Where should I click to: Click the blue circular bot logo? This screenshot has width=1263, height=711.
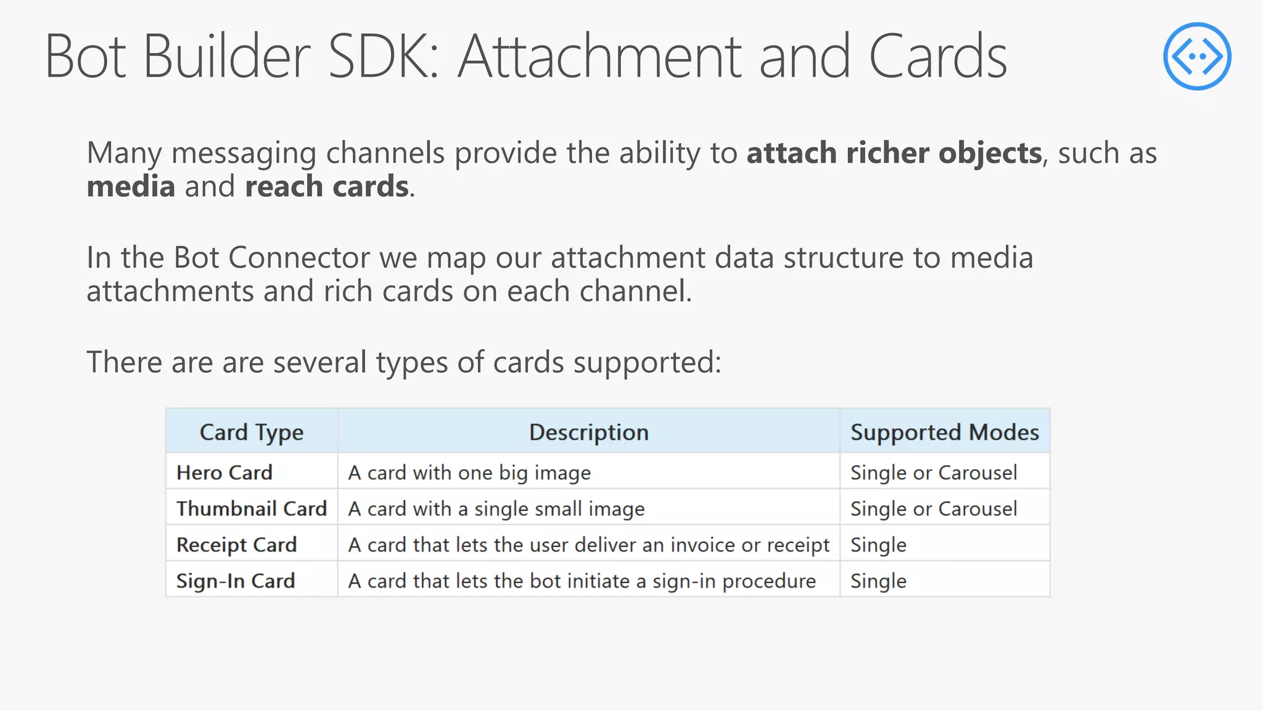pos(1197,56)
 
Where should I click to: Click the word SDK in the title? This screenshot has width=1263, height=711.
pos(383,57)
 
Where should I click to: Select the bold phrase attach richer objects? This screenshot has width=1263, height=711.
pos(894,153)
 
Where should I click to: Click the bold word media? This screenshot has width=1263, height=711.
pos(131,186)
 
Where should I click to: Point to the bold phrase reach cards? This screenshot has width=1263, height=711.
pos(327,186)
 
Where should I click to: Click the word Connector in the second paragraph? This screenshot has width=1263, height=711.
pos(298,257)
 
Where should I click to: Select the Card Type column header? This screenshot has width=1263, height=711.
pos(252,432)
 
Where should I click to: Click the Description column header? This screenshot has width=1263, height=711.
pos(588,432)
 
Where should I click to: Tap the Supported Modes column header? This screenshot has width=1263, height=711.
pos(944,432)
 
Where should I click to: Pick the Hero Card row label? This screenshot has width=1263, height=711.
pos(224,473)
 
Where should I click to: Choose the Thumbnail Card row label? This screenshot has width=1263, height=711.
pos(252,509)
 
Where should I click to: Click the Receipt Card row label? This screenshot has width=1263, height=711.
pos(237,545)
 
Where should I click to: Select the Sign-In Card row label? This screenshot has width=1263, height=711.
pos(236,581)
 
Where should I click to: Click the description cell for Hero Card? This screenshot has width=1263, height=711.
pos(469,473)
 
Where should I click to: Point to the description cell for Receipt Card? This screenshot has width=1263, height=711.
pos(588,545)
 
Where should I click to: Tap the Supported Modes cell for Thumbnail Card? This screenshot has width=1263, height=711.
pos(934,509)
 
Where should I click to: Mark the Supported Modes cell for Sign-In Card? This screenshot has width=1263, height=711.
pos(878,581)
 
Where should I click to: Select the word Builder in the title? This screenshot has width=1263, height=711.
pos(227,57)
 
